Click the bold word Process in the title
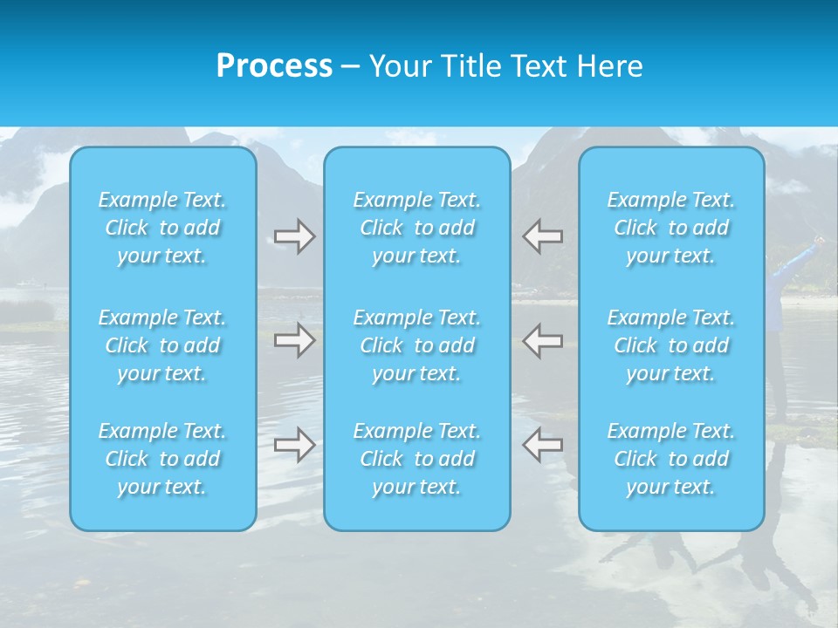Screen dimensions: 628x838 274,66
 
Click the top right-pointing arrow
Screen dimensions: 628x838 294,236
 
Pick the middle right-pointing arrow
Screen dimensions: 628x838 294,340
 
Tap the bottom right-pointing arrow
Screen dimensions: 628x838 294,445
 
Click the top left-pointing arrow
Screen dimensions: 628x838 543,236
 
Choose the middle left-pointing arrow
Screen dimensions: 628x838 543,340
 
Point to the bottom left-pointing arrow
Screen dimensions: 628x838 543,445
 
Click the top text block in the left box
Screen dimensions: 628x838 162,228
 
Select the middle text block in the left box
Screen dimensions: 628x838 162,345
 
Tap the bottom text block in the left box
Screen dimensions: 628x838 162,459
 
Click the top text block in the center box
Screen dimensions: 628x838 417,228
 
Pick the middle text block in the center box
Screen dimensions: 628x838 417,345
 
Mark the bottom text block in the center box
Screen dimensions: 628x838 417,459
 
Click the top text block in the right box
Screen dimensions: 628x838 671,228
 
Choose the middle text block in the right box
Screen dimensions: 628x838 671,345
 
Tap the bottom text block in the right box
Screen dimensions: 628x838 671,459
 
